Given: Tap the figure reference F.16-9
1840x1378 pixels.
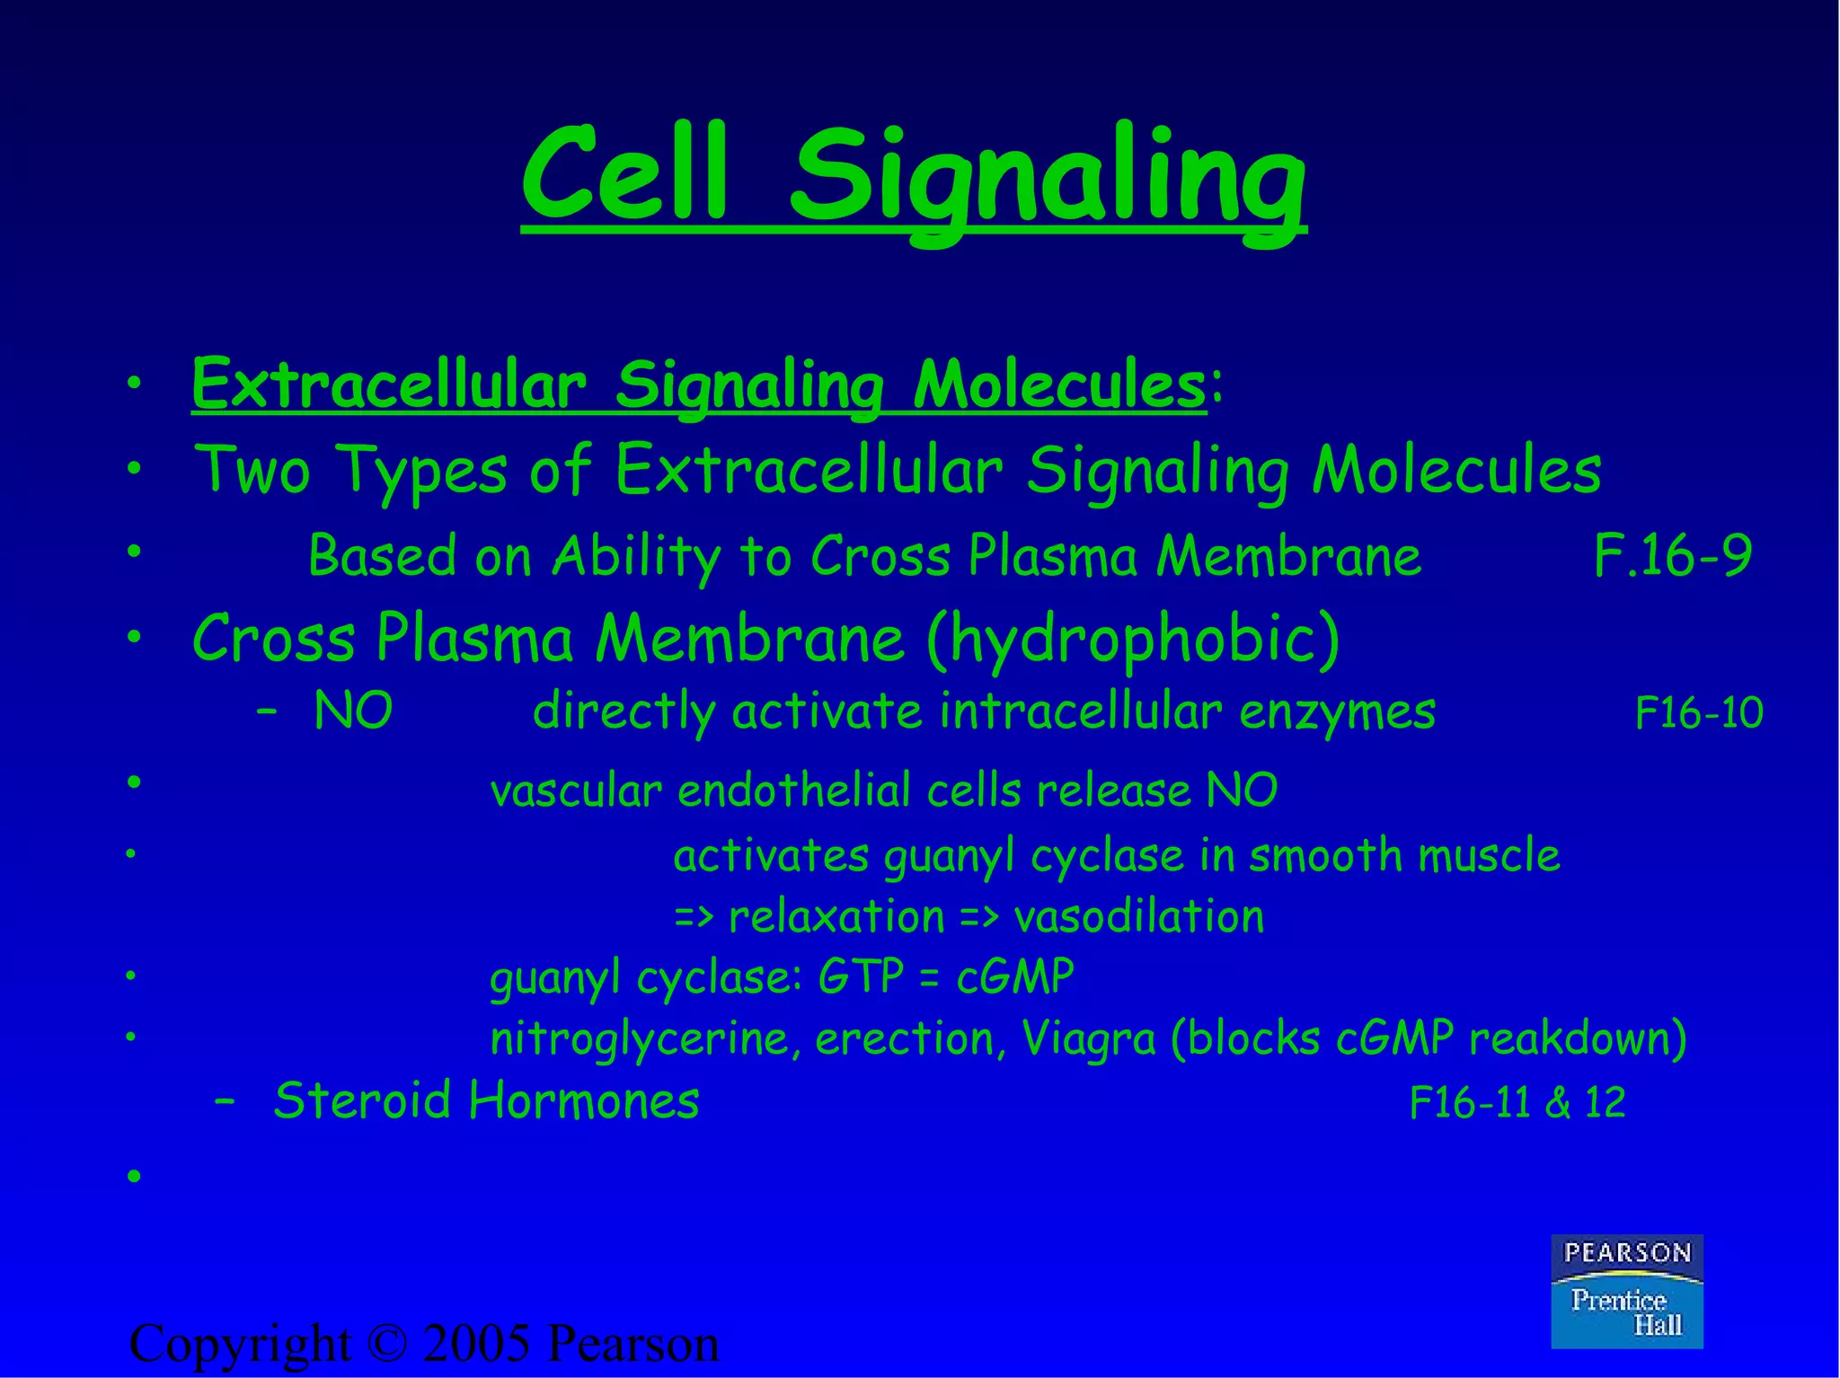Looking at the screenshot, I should [x=1672, y=556].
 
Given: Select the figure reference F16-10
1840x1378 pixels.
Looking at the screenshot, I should [x=1698, y=713].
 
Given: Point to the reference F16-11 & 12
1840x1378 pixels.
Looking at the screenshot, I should [x=1517, y=1103].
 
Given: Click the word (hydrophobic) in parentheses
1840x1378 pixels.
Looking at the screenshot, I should [x=1132, y=640].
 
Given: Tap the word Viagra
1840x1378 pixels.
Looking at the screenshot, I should [x=1088, y=1039].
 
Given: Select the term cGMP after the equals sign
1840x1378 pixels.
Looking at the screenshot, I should [x=1015, y=976].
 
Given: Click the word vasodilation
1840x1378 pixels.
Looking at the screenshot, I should [x=1138, y=917].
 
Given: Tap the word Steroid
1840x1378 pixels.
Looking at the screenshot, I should [x=361, y=1100].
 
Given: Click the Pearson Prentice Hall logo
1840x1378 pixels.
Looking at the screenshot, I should [x=1626, y=1291].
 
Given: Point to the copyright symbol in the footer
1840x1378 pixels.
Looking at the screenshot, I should [x=387, y=1345].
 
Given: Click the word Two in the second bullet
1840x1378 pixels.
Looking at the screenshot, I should [x=252, y=470].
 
